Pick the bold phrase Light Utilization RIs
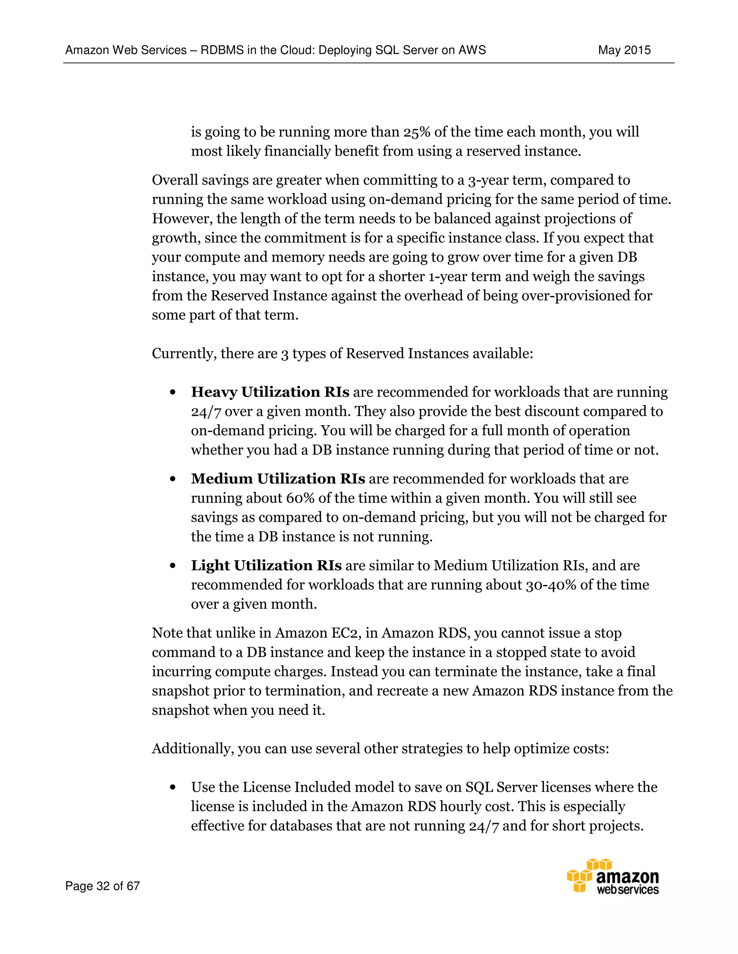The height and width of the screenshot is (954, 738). pyautogui.click(x=266, y=565)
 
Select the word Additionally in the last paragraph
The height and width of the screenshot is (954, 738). pyautogui.click(x=192, y=749)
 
